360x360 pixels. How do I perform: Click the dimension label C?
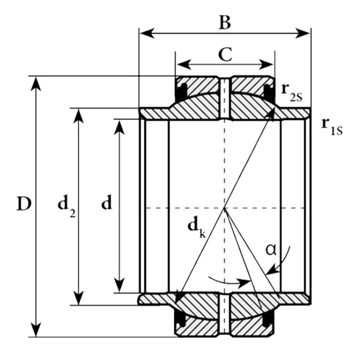point(225,55)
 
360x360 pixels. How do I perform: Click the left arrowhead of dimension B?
point(144,32)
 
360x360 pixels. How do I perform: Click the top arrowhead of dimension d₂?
point(78,113)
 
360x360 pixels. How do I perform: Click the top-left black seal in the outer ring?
point(180,91)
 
